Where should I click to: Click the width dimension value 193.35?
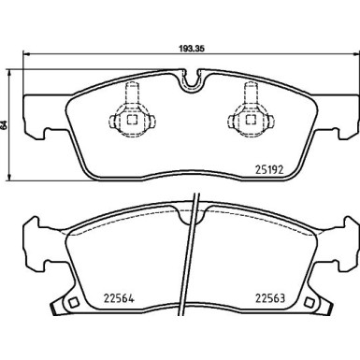pos(191,49)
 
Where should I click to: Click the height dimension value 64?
pos(4,125)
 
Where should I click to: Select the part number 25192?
pos(269,170)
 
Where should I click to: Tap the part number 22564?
pos(119,298)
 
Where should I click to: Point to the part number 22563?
pos(270,298)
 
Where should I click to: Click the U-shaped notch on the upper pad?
pos(191,80)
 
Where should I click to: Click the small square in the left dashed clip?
pos(133,120)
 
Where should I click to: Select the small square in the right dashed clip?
pos(251,120)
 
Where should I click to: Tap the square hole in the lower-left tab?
pos(74,302)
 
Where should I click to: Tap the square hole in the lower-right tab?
pos(310,302)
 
